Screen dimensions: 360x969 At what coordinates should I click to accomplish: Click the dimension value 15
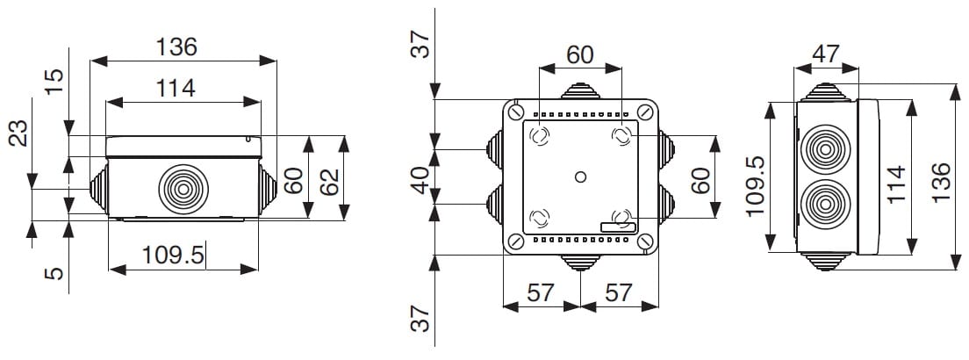pyautogui.click(x=55, y=82)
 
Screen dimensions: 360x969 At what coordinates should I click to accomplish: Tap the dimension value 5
pyautogui.click(x=55, y=275)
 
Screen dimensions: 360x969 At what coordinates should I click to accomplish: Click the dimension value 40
pyautogui.click(x=422, y=181)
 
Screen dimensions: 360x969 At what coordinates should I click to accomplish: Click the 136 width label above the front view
pyautogui.click(x=176, y=47)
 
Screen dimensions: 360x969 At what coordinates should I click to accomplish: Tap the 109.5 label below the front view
pyautogui.click(x=174, y=256)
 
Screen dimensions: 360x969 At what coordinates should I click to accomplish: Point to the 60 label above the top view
pyautogui.click(x=579, y=54)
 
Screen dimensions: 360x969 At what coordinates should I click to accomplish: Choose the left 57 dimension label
pyautogui.click(x=542, y=292)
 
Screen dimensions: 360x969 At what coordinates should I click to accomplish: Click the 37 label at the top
pyautogui.click(x=422, y=42)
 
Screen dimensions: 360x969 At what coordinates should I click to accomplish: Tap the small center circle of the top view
pyautogui.click(x=579, y=177)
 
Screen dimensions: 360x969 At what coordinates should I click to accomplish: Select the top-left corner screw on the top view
pyautogui.click(x=516, y=112)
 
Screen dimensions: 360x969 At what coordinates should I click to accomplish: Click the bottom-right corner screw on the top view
pyautogui.click(x=645, y=242)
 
